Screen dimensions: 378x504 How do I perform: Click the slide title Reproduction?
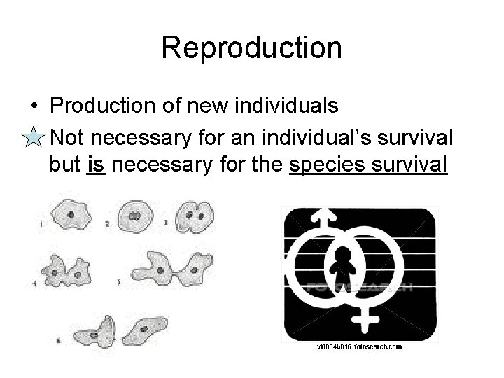251,48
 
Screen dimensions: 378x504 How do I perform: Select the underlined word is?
96,166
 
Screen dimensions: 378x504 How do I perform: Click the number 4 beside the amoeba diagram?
34,283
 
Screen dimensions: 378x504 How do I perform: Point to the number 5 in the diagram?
120,283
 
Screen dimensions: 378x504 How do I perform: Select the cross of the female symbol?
365,319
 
